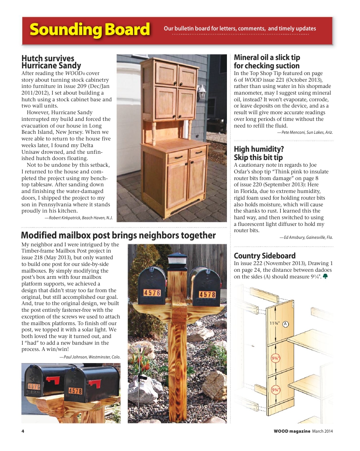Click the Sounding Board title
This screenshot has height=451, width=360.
tap(89, 30)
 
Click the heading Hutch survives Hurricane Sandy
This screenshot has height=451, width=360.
tap(51, 62)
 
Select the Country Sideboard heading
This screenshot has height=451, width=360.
tap(264, 256)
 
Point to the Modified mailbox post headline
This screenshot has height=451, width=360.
tap(118, 236)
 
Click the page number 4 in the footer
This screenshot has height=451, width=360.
tap(23, 431)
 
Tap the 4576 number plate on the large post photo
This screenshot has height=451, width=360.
tap(152, 293)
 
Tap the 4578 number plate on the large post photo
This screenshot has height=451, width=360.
tap(207, 295)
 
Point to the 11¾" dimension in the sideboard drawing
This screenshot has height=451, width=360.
tap(274, 323)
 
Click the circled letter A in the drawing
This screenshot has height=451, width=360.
tap(285, 323)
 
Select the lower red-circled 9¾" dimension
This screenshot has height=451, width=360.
tap(275, 390)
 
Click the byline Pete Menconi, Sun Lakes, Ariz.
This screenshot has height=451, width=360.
tap(305, 132)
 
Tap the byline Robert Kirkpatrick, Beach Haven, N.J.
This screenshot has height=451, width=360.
tap(78, 218)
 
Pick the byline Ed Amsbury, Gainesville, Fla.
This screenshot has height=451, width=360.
tap(305, 237)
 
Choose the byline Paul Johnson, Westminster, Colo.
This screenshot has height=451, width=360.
tap(89, 357)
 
